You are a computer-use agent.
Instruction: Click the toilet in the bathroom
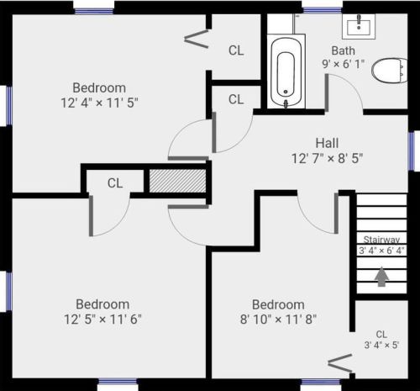(389, 71)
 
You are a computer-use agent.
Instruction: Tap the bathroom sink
(359, 26)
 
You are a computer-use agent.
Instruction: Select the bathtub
(286, 71)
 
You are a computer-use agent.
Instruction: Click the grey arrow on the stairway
(381, 277)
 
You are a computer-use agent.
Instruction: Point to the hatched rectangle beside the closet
(177, 181)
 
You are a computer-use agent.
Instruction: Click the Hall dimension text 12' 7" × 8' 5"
(327, 158)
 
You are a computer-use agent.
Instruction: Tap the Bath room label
(344, 50)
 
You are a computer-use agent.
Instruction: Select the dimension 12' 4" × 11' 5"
(100, 103)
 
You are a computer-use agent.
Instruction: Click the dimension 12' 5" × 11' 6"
(102, 319)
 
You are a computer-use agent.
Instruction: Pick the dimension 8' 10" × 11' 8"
(278, 319)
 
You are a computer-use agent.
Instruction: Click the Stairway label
(381, 240)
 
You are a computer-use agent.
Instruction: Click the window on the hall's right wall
(412, 151)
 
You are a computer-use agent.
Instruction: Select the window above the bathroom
(323, 10)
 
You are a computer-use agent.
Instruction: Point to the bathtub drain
(286, 92)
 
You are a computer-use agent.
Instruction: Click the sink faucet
(359, 22)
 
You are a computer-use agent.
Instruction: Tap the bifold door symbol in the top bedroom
(197, 39)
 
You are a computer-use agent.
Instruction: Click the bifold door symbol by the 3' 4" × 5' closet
(340, 363)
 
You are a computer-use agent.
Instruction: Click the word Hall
(327, 143)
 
